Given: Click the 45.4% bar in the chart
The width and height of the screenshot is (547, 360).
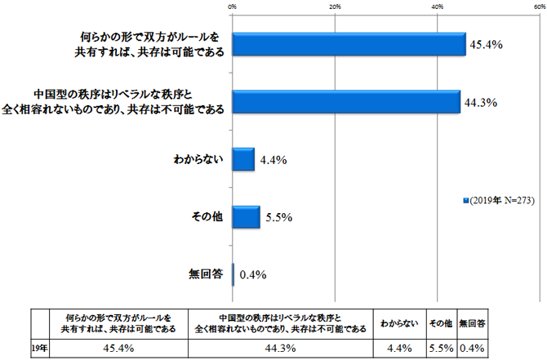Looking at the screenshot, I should click(x=349, y=44).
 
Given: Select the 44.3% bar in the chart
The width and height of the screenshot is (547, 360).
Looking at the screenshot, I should click(x=346, y=102).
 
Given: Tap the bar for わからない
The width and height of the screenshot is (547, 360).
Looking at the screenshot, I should click(x=243, y=159).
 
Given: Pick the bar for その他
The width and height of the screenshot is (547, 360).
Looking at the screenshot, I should click(x=246, y=217).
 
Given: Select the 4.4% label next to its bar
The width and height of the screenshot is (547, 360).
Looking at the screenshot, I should click(x=272, y=161).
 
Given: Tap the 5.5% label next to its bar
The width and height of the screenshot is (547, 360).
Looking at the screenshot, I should click(x=278, y=218).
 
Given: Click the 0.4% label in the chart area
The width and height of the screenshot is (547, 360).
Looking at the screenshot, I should click(x=252, y=274).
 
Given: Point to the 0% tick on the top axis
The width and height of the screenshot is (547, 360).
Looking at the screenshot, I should click(x=233, y=7).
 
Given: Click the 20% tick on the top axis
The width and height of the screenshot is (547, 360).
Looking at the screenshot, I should click(x=335, y=7).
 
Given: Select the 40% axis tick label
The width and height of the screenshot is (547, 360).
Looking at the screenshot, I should click(x=438, y=7).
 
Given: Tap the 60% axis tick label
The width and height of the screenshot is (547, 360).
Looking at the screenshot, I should click(x=539, y=7).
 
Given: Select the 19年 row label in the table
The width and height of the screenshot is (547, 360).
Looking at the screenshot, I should click(x=39, y=348).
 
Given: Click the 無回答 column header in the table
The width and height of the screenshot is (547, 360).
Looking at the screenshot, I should click(x=473, y=322).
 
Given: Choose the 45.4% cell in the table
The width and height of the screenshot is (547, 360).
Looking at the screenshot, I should click(x=119, y=348).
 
